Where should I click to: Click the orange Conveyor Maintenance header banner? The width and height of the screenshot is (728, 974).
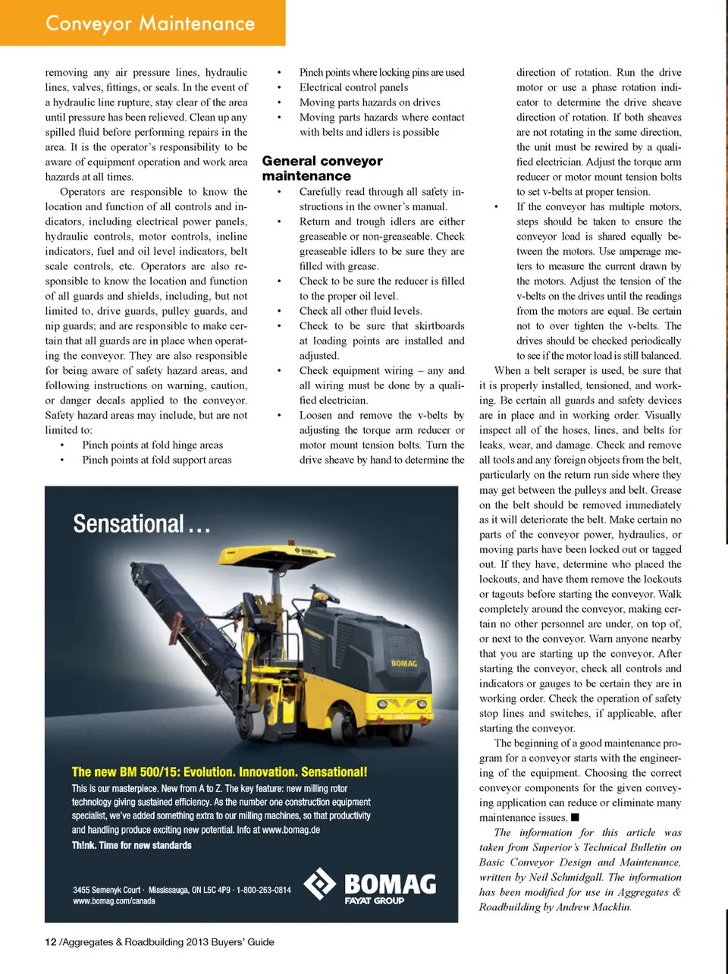point(143,23)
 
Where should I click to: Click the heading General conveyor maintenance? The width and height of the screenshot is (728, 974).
point(322,168)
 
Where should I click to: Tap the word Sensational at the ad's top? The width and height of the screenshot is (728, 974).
point(129,523)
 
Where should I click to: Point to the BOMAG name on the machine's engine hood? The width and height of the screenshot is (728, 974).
point(403,663)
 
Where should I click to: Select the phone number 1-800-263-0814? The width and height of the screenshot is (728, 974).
point(263,890)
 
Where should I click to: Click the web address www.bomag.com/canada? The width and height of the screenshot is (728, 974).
point(114,901)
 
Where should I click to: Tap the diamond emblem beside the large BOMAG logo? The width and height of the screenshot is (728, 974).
point(319,884)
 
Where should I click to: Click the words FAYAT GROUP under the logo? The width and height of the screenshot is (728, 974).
point(375,901)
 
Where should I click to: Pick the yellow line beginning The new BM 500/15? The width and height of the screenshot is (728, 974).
point(219,771)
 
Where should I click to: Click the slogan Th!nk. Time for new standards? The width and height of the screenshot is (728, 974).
point(131,845)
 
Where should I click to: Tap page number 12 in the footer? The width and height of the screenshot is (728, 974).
point(51,942)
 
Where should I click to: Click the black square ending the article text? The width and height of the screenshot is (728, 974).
point(575,817)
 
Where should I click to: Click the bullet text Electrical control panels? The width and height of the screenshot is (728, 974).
point(353,87)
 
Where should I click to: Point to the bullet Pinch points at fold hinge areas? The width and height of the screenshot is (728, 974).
point(152,445)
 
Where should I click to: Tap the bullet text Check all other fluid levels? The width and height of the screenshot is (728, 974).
point(360,311)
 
